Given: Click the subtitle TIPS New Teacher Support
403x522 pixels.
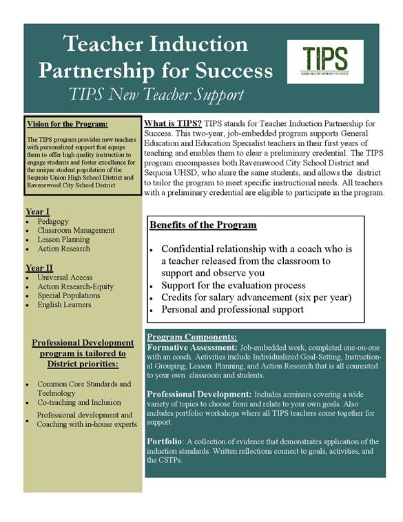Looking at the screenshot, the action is [157, 94].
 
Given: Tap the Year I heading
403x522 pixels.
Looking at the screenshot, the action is [37, 211].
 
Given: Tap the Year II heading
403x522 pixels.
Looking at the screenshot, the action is [39, 267].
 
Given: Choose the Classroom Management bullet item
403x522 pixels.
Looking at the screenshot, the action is [76, 230].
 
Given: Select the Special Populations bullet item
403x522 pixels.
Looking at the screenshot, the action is [69, 295].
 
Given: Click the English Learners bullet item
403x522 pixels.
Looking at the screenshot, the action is [65, 304].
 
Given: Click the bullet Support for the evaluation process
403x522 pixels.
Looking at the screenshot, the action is [234, 284].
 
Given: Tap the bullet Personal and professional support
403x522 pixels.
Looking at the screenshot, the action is [233, 309].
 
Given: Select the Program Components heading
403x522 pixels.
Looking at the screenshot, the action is [192, 337].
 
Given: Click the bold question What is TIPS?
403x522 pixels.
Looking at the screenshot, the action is [173, 123].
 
